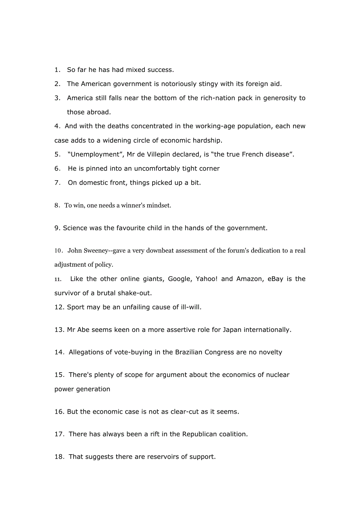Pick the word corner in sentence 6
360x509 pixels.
tap(209, 168)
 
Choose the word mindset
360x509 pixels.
tap(158, 205)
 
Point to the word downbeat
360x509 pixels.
tap(160, 251)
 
